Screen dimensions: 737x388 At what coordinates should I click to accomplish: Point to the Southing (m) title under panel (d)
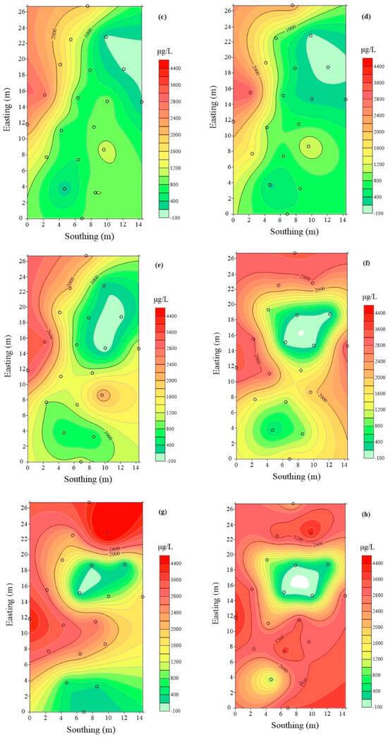[x=290, y=231]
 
